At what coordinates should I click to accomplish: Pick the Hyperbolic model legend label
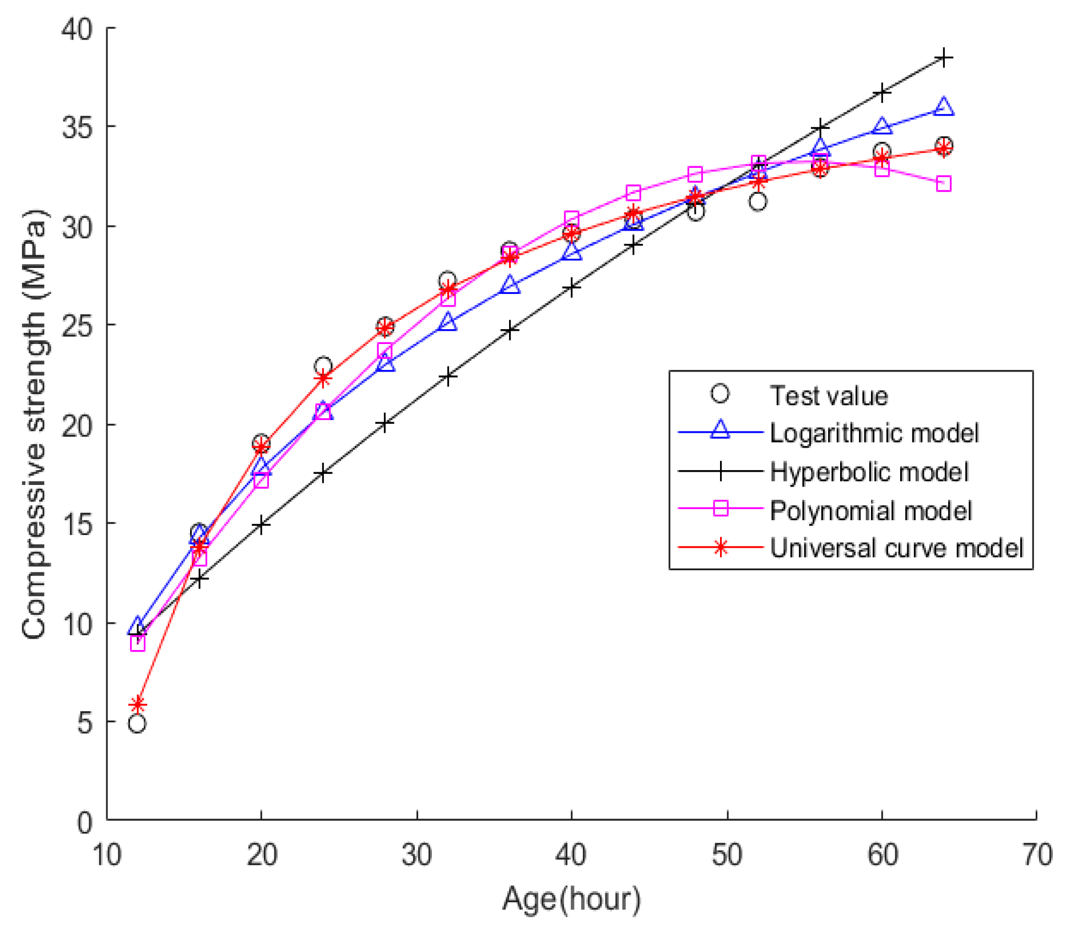[868, 472]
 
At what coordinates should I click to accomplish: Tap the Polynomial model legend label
[870, 510]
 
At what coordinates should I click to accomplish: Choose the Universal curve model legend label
[896, 548]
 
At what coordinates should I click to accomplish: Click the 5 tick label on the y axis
[84, 722]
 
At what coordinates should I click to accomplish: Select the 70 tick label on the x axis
[1036, 855]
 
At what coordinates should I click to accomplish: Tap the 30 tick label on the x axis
[416, 855]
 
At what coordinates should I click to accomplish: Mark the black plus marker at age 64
[943, 57]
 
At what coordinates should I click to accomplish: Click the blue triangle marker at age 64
[943, 107]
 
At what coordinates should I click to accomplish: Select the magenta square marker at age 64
[943, 183]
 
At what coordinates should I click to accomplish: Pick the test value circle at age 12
[137, 723]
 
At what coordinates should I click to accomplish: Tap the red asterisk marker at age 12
[137, 705]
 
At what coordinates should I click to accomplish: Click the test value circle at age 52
[757, 201]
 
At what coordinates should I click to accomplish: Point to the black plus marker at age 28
[385, 423]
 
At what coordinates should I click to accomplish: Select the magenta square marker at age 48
[695, 174]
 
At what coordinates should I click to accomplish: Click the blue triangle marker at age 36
[510, 285]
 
